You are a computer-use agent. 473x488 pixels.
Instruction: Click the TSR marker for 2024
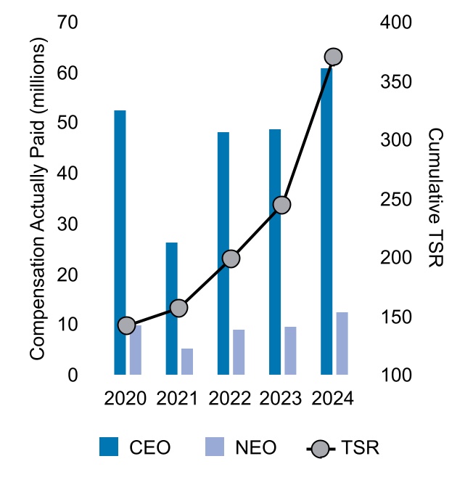point(333,57)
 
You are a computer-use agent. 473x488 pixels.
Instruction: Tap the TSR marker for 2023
point(281,205)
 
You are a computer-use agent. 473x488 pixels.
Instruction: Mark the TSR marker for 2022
point(231,259)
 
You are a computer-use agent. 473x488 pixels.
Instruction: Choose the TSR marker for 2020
point(127,325)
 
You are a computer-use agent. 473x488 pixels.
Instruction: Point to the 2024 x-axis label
point(332,399)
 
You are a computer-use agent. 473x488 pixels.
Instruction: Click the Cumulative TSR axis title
point(435,198)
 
